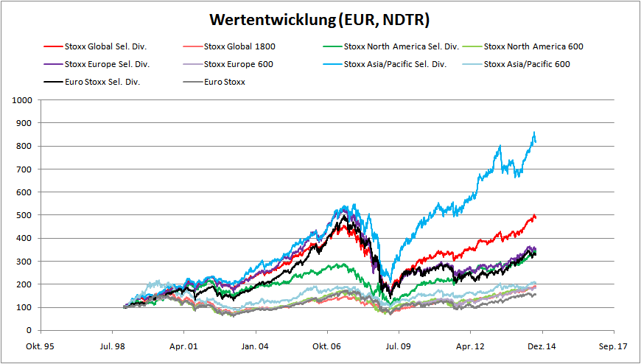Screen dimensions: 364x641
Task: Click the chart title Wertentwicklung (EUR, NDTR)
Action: [319, 19]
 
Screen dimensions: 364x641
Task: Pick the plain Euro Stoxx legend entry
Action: [225, 82]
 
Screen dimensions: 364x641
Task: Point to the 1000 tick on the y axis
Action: [23, 99]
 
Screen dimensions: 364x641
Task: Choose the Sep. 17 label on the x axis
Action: [613, 345]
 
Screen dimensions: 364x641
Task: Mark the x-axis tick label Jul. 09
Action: [398, 345]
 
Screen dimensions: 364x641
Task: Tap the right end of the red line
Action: [536, 217]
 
